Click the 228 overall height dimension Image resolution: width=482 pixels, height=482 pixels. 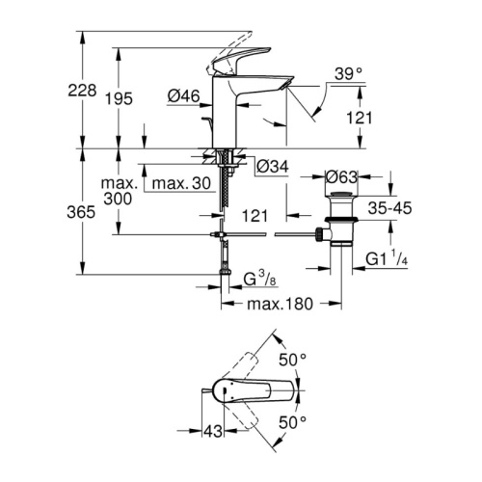[82, 91]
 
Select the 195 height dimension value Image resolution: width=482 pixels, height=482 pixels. [120, 98]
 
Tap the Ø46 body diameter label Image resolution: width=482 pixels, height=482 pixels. [184, 95]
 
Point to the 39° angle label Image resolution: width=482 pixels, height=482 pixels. [348, 74]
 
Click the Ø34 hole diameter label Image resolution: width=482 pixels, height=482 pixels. [273, 167]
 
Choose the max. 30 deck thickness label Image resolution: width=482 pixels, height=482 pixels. [181, 183]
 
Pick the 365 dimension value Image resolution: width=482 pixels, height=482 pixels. [81, 212]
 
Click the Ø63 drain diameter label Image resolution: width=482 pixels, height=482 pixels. [341, 177]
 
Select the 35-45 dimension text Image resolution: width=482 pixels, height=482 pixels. [389, 208]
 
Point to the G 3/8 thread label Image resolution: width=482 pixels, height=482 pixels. [259, 279]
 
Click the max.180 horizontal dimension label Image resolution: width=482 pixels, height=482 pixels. [280, 304]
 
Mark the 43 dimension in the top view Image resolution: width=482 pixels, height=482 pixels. [213, 431]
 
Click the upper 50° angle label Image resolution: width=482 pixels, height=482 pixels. [292, 360]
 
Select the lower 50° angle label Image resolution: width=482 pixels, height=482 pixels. [292, 422]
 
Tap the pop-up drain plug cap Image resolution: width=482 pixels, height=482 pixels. [341, 194]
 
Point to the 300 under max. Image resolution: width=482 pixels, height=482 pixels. [118, 199]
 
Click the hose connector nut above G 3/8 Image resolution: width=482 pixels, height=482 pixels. [225, 273]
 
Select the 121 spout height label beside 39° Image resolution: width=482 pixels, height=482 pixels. [359, 118]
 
